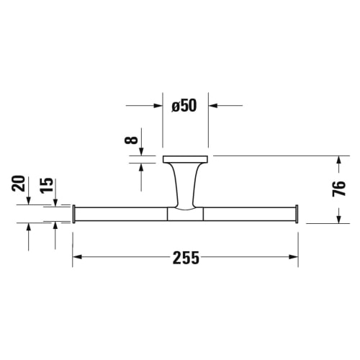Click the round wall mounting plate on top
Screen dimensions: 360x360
coord(185,159)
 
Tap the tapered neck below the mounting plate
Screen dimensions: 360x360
coord(185,184)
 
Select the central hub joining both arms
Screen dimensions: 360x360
coord(185,213)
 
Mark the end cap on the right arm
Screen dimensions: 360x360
coord(297,214)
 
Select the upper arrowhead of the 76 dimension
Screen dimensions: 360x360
coord(338,161)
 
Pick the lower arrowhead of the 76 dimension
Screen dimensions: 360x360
coord(338,218)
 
